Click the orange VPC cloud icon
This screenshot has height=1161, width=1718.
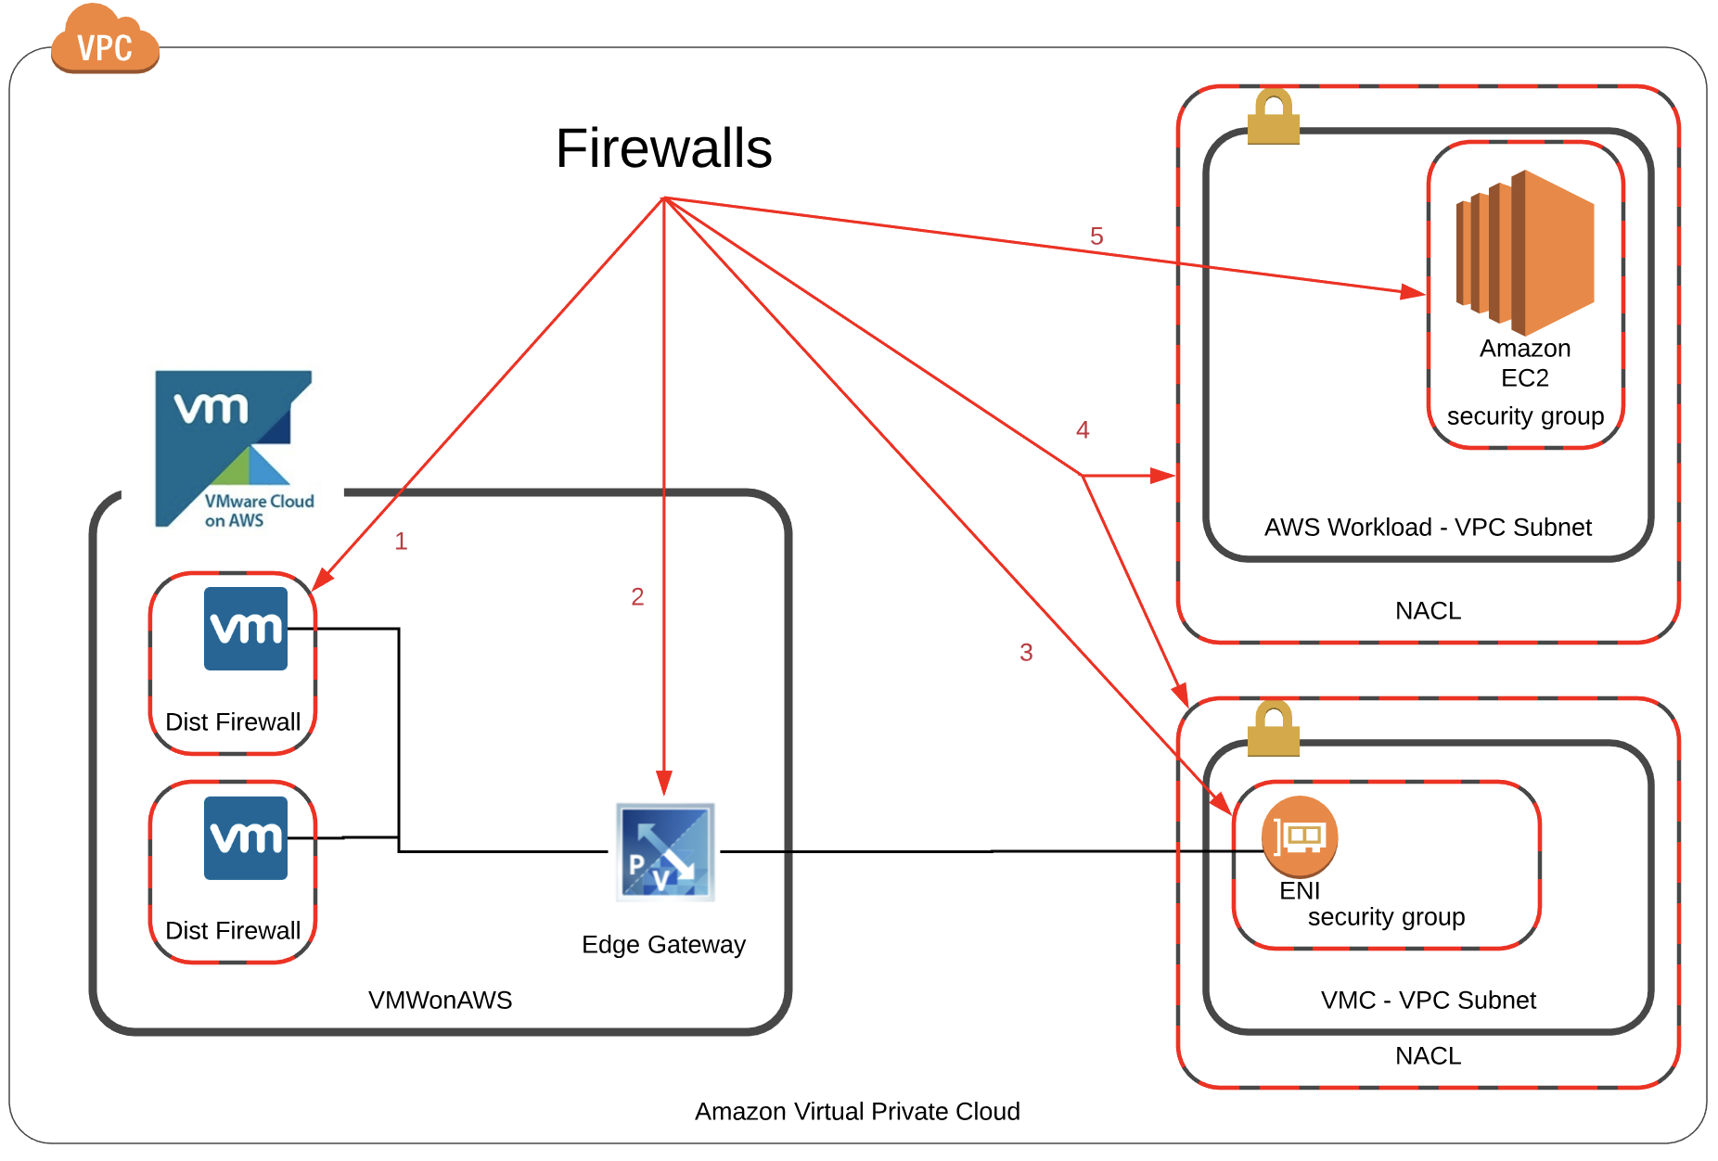click(105, 42)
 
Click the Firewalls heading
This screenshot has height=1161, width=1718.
click(664, 148)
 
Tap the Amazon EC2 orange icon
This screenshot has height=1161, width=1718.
click(1525, 252)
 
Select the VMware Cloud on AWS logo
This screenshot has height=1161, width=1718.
click(234, 450)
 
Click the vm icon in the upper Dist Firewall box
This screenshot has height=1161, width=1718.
click(246, 629)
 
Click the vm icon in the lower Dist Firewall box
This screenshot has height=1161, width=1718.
click(246, 838)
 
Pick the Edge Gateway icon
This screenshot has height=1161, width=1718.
click(665, 851)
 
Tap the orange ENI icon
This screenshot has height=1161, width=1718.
click(1300, 836)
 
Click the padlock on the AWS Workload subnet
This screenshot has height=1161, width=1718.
click(1273, 117)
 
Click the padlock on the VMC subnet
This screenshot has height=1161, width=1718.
click(1273, 729)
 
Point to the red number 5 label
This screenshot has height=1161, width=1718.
click(1096, 236)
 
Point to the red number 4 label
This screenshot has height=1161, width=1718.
click(1083, 430)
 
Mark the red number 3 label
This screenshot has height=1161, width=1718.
click(1026, 653)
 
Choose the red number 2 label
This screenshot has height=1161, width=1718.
click(637, 597)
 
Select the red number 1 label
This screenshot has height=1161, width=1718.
click(401, 542)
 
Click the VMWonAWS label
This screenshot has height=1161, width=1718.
click(440, 1001)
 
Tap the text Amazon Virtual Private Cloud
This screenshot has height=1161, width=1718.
click(857, 1112)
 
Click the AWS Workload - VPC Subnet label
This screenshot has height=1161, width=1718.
click(1428, 528)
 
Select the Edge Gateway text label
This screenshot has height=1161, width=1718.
click(663, 945)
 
